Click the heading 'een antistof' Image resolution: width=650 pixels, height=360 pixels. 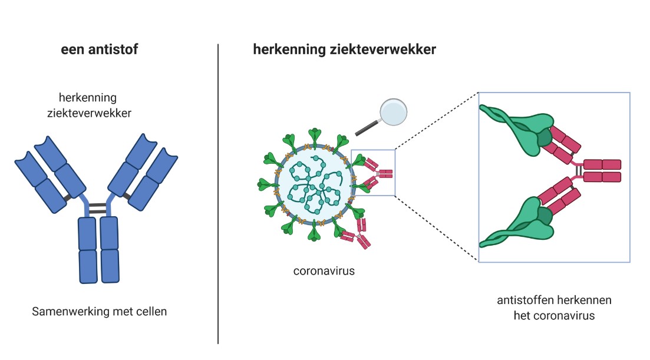tap(99, 49)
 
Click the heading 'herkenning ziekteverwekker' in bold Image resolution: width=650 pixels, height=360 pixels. tap(344, 49)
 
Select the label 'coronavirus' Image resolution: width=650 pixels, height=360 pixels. tap(324, 272)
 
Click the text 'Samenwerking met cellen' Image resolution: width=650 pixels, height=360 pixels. tap(99, 311)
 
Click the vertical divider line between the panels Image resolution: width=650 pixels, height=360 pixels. tap(218, 194)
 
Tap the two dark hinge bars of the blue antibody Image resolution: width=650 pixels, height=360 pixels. tap(98, 207)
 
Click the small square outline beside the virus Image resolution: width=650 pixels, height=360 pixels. tap(373, 172)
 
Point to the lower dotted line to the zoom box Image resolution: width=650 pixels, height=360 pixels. tap(436, 227)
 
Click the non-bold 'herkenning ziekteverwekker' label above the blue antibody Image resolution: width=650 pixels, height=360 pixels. tap(89, 104)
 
